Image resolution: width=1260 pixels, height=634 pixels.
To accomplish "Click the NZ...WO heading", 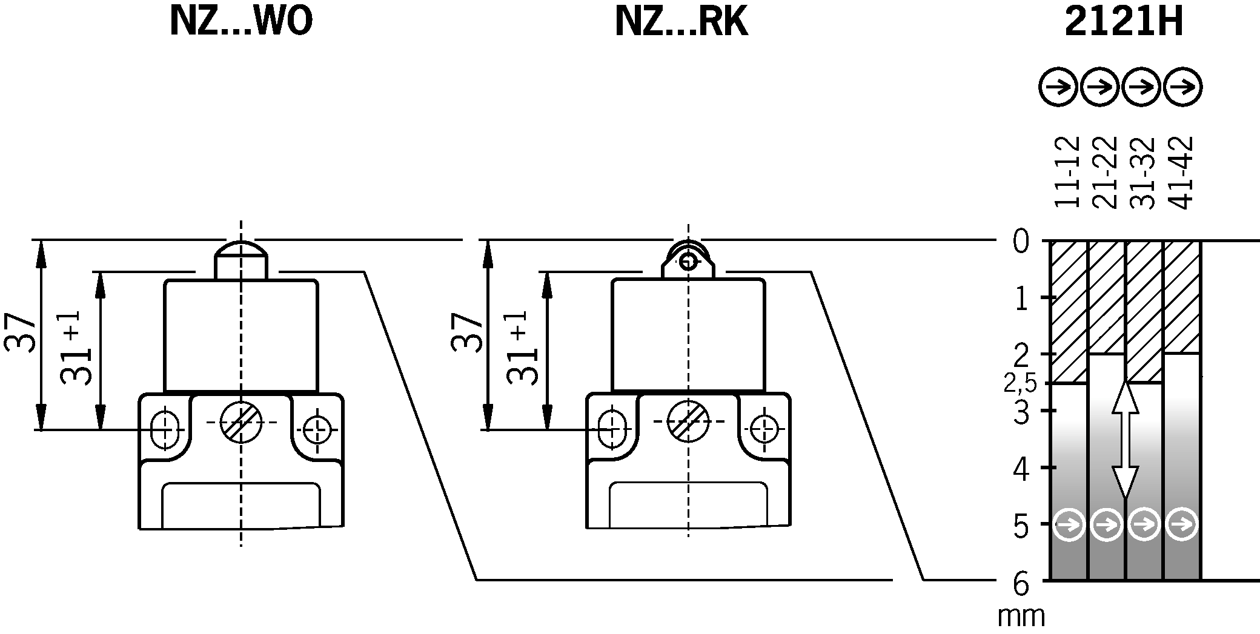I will [x=241, y=23].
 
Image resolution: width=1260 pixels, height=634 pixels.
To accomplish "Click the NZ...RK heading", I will [x=681, y=23].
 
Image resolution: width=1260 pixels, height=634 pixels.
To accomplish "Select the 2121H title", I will [x=1124, y=23].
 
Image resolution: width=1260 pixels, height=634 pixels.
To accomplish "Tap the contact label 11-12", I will [x=1067, y=172].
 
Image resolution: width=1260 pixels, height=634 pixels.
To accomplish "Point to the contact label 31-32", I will [x=1143, y=172].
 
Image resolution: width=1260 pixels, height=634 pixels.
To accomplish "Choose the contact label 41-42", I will [x=1181, y=172].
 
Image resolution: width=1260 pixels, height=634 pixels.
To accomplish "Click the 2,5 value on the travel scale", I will [x=1020, y=383].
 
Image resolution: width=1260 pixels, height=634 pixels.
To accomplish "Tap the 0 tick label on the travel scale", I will [x=1021, y=242].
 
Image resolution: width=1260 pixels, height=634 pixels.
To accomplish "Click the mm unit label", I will [x=1021, y=616].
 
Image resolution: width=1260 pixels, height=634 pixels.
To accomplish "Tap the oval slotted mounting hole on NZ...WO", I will [x=165, y=429].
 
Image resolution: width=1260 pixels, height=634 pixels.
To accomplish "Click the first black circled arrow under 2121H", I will [x=1058, y=88].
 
